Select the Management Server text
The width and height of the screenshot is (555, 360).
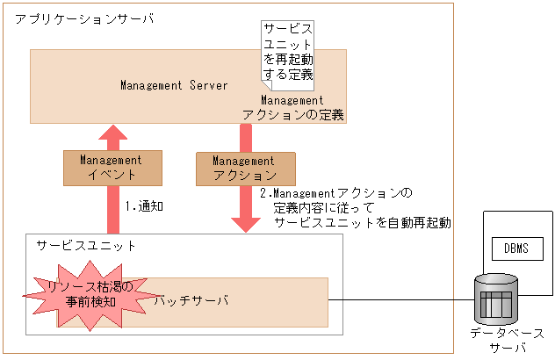click(x=174, y=85)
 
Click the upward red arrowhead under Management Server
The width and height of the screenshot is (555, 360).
click(x=112, y=134)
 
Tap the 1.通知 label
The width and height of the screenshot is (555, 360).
click(x=145, y=207)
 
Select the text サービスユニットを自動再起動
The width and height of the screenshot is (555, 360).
click(x=362, y=223)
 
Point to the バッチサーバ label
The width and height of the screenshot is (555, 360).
click(x=191, y=301)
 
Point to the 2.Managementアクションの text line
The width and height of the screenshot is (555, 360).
click(x=335, y=192)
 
